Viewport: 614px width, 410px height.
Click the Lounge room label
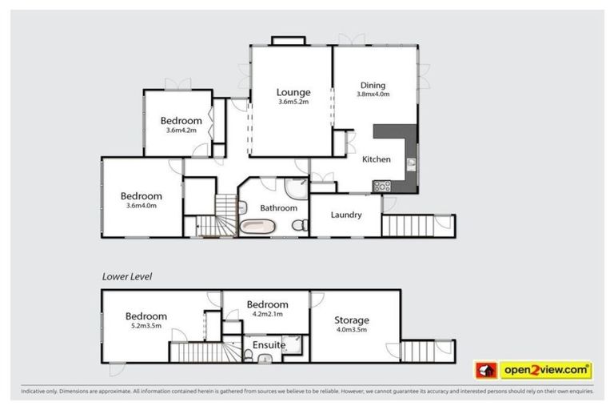pos(293,92)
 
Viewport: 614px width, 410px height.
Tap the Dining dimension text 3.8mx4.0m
pos(373,94)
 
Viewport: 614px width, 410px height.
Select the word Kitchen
pos(376,159)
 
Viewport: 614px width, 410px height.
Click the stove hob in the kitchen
pos(381,187)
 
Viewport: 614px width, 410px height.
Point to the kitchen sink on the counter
pos(411,163)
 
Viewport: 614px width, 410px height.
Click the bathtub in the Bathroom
pos(260,226)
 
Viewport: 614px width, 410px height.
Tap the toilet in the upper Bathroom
pos(297,227)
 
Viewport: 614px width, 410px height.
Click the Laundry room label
pos(345,215)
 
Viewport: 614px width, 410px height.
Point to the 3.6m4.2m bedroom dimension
pos(179,131)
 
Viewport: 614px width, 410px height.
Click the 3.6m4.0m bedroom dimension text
pos(142,206)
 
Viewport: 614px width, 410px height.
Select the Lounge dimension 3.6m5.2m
pos(293,102)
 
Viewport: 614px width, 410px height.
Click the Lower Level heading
pos(127,276)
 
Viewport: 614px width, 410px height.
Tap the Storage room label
pos(353,320)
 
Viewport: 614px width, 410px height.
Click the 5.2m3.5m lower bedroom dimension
pos(146,326)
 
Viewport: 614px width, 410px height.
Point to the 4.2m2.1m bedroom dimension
pos(268,315)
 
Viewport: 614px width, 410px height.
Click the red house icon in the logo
pos(485,371)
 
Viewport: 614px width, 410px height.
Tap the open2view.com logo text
pos(545,370)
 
